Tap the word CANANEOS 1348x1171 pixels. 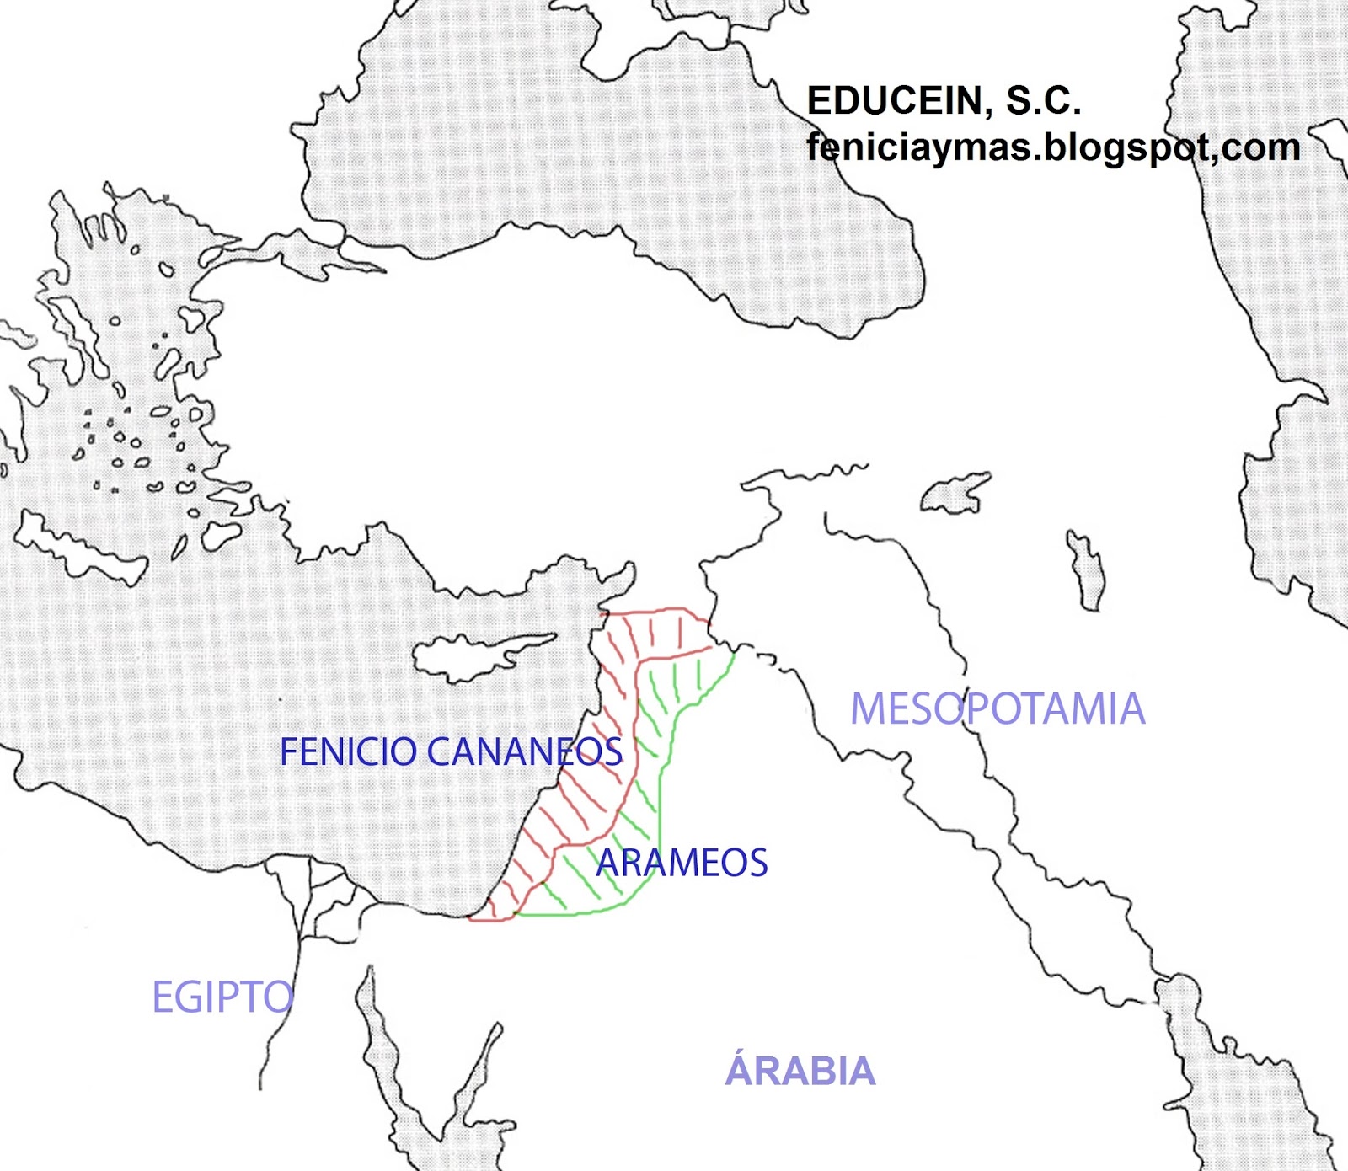525,752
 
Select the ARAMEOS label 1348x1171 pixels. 682,863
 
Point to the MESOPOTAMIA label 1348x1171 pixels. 998,709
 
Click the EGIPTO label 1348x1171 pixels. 222,997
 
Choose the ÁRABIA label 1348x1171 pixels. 800,1072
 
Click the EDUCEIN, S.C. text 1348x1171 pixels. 944,101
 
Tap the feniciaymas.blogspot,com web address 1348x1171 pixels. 1053,147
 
